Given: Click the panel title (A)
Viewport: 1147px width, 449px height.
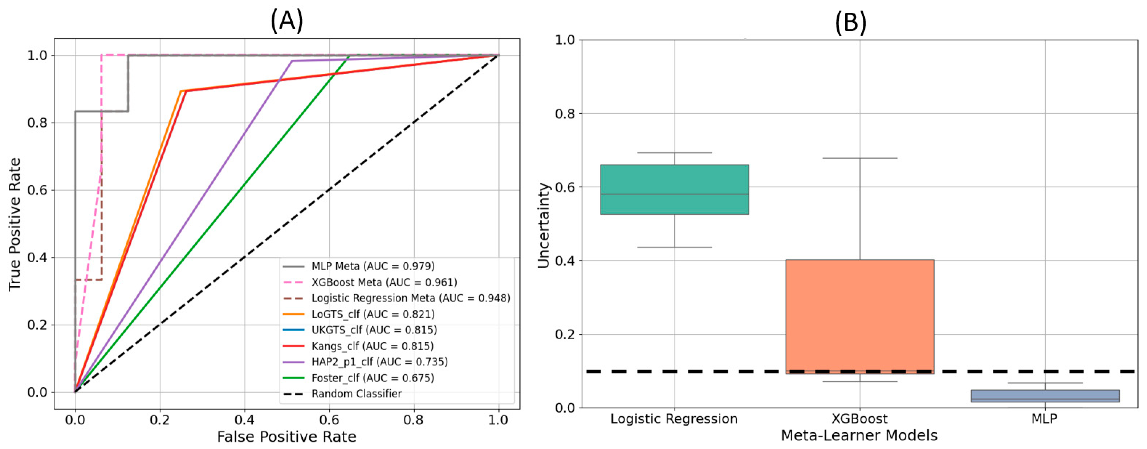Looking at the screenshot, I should pyautogui.click(x=287, y=21).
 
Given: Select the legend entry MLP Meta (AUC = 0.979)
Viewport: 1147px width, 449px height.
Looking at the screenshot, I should pyautogui.click(x=372, y=266).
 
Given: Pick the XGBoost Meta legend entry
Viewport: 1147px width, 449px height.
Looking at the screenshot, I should pyautogui.click(x=384, y=282).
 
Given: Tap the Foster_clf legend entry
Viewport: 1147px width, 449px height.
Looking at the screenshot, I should pyautogui.click(x=372, y=378).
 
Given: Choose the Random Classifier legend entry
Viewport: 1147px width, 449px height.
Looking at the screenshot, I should pyautogui.click(x=356, y=394).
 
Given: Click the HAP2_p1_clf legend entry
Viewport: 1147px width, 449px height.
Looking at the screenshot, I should pyautogui.click(x=379, y=362).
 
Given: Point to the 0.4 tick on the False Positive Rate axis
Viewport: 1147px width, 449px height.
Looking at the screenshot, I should pyautogui.click(x=244, y=420).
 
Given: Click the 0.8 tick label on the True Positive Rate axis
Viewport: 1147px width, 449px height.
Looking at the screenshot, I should pyautogui.click(x=38, y=123).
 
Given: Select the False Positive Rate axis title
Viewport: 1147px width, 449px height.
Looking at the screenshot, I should pyautogui.click(x=286, y=437).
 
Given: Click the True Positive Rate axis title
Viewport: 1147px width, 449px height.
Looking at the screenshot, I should pyautogui.click(x=15, y=224).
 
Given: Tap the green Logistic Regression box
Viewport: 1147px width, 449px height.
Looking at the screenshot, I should pyautogui.click(x=674, y=189).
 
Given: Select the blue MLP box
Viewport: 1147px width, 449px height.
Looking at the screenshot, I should pyautogui.click(x=1045, y=396).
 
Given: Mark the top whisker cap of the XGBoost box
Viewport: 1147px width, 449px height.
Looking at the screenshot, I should pyautogui.click(x=859, y=158).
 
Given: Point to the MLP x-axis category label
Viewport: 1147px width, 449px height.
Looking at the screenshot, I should pyautogui.click(x=1044, y=419).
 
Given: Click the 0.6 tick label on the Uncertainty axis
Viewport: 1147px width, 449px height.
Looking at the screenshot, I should pyautogui.click(x=565, y=187).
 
